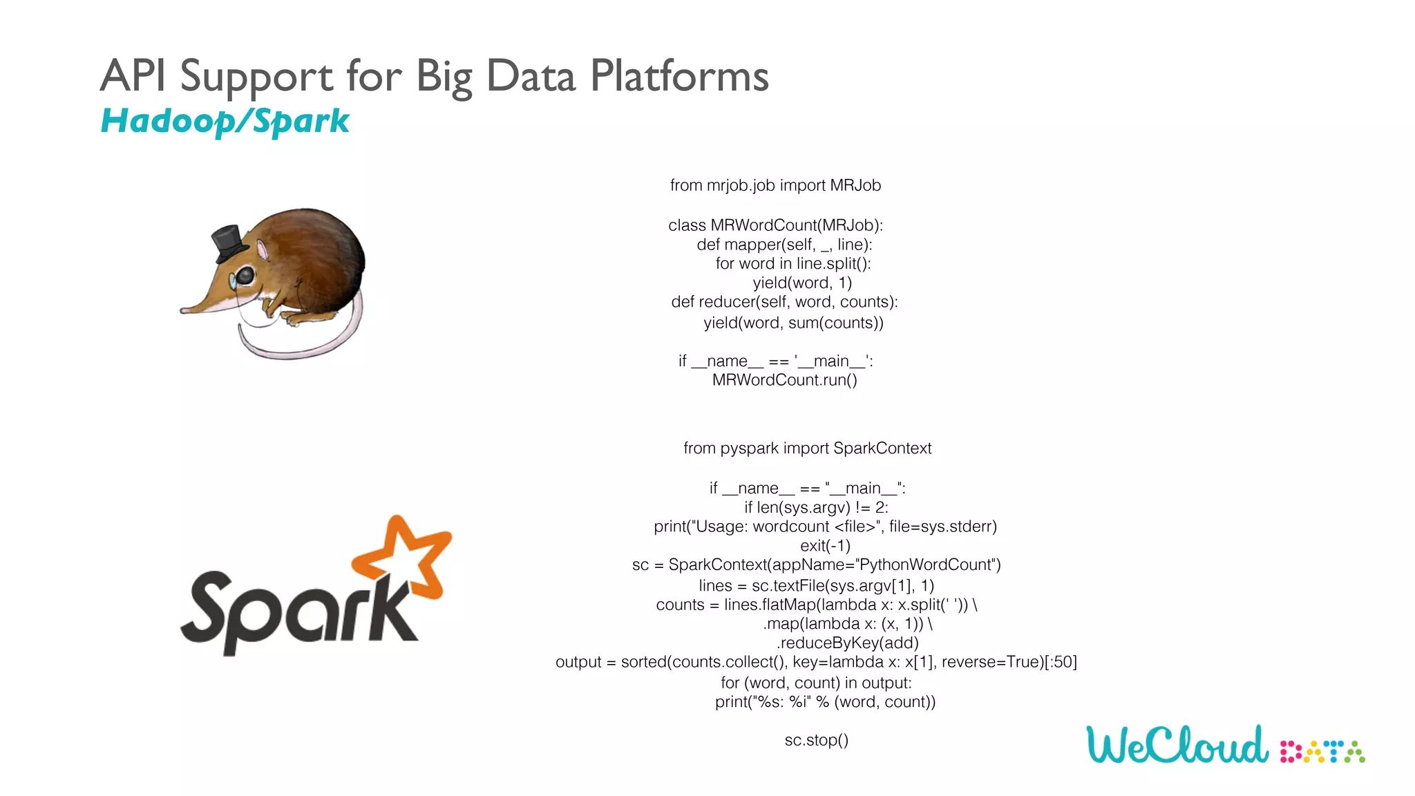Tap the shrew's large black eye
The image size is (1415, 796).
pos(245,276)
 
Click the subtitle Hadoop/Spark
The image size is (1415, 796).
pos(225,122)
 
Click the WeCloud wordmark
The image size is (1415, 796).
pos(1177,745)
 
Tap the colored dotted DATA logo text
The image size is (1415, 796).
pos(1322,752)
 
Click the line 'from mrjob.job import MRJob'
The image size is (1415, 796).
pos(775,185)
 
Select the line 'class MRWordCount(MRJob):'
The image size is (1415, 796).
pos(775,225)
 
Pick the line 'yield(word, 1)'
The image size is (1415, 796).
pos(802,283)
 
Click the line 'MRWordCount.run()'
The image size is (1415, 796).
pos(784,380)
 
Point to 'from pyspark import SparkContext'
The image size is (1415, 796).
pos(807,448)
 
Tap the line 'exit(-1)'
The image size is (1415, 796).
pos(825,546)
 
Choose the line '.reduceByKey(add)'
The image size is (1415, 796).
pos(847,643)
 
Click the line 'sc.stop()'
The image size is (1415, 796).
pos(816,740)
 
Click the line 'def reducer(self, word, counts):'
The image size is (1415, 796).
pos(784,302)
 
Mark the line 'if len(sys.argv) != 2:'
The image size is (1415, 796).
pos(816,507)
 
